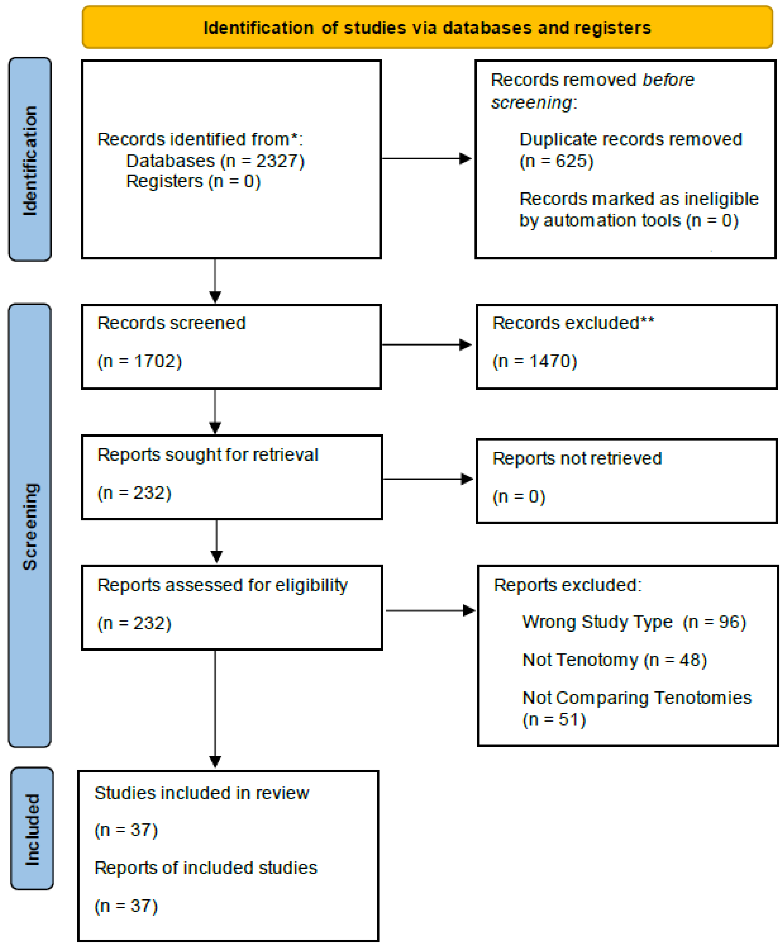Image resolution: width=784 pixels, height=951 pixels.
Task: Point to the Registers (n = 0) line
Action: tap(193, 181)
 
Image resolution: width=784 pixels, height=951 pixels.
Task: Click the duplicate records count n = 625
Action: tap(556, 161)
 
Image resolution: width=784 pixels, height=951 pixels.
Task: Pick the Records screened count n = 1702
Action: tap(140, 361)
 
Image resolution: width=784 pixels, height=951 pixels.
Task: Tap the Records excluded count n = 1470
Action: tap(535, 361)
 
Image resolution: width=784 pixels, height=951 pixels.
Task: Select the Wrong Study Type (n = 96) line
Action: tap(634, 622)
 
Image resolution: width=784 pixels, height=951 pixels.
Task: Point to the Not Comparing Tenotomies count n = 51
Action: tap(554, 719)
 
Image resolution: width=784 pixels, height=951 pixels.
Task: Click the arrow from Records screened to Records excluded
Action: tap(427, 345)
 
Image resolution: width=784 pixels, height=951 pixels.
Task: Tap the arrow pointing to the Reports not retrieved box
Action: tap(428, 479)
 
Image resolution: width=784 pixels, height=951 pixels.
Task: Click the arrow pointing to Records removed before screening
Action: tap(427, 159)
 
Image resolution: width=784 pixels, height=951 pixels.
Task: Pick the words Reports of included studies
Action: tap(206, 868)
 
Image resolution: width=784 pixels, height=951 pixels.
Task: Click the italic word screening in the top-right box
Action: tap(532, 103)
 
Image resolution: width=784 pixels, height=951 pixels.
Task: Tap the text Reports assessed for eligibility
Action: tap(223, 585)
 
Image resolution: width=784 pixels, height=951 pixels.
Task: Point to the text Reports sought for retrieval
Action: tap(208, 455)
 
